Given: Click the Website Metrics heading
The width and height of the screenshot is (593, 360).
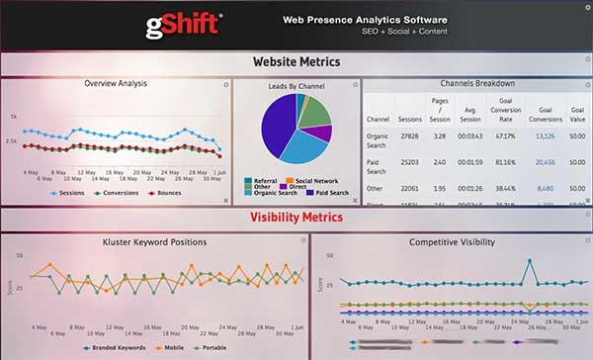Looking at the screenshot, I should point(296,62).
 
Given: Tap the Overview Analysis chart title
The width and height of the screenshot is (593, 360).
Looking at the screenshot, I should point(116,83).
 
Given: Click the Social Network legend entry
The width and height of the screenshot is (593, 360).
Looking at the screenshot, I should point(317,181).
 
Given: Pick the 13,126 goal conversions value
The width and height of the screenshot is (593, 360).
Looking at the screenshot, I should point(545,135).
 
